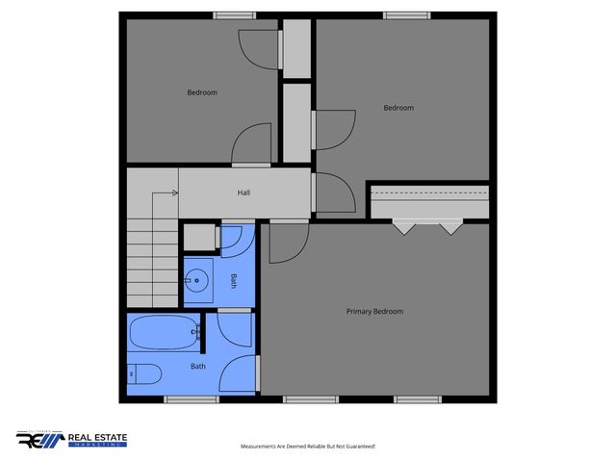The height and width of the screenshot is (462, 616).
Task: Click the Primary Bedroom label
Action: tap(374, 311)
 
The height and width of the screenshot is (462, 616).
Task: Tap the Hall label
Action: tap(244, 192)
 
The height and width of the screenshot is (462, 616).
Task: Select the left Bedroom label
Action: tap(202, 92)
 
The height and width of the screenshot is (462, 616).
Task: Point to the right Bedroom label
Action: tap(398, 108)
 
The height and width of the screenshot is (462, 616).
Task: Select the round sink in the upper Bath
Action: tap(196, 281)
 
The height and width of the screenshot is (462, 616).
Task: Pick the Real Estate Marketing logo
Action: tap(71, 440)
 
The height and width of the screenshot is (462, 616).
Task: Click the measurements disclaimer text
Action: tap(307, 447)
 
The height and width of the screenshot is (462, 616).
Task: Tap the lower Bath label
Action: tap(197, 366)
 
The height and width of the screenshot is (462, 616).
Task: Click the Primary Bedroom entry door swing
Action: tap(287, 243)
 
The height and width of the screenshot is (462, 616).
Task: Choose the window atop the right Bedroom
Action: tap(398, 14)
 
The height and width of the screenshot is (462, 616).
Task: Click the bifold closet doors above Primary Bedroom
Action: tap(427, 227)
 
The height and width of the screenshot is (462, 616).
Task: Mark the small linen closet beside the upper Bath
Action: tap(200, 237)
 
